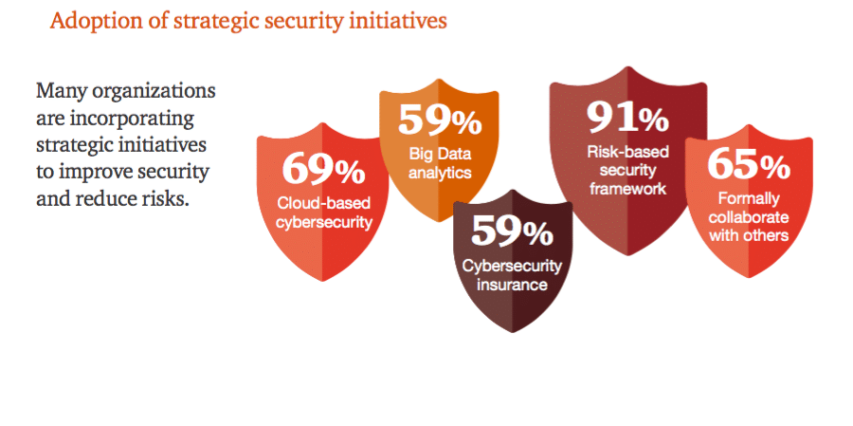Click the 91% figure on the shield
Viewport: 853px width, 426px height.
point(627,117)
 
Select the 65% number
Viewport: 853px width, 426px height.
point(749,164)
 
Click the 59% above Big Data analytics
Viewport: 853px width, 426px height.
point(440,120)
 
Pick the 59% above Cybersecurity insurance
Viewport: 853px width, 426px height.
point(512,230)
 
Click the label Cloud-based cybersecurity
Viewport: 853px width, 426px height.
point(324,213)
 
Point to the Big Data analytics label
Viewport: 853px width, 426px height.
point(440,163)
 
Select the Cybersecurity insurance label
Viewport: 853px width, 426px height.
point(512,274)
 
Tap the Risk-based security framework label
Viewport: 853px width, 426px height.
point(627,170)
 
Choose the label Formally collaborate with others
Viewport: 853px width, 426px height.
point(749,217)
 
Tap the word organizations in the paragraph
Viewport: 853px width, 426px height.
point(154,91)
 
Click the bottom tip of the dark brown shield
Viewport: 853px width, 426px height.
point(513,332)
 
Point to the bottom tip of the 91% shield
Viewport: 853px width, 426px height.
point(628,254)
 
